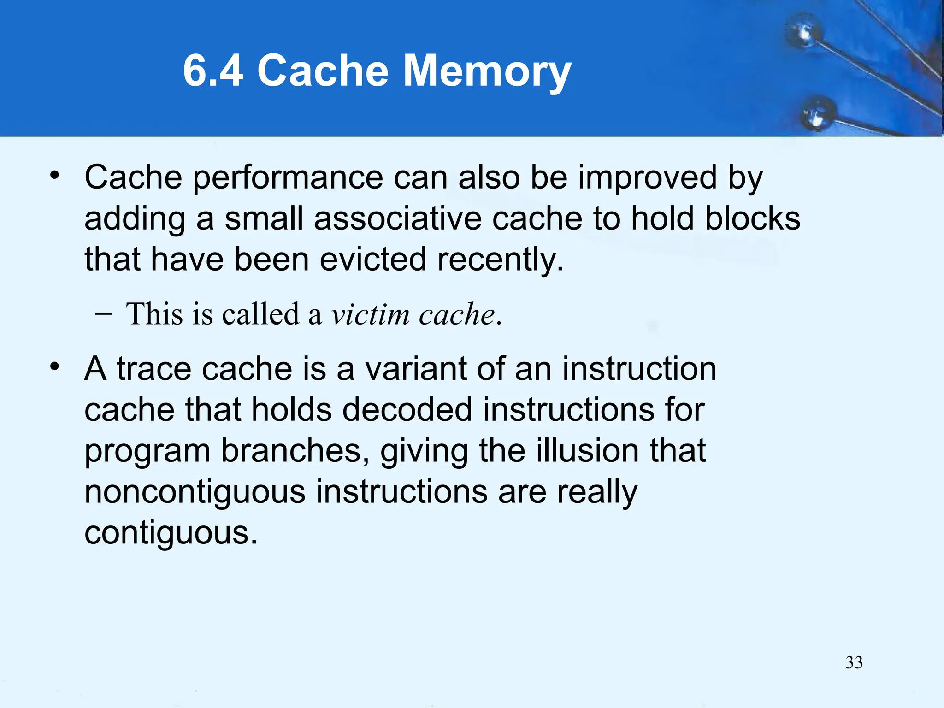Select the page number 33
[854, 662]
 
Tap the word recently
[501, 260]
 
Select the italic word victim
[370, 314]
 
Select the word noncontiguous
[195, 492]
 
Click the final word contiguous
[171, 533]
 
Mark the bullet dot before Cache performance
[55, 176]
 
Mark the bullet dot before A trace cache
[55, 367]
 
